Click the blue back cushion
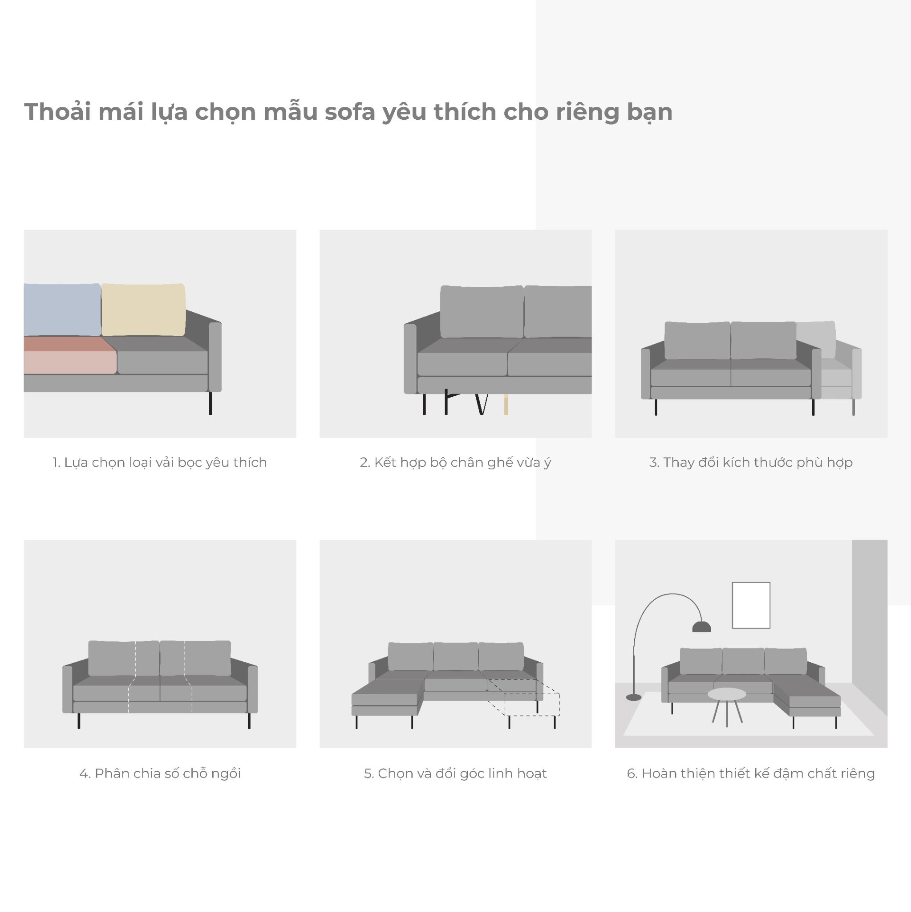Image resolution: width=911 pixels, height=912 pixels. (x=62, y=309)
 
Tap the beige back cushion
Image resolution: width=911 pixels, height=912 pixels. (x=143, y=309)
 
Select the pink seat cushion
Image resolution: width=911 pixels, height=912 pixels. (x=70, y=355)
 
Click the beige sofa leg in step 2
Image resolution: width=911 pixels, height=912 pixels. (x=506, y=404)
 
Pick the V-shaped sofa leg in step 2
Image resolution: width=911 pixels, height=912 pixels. (x=481, y=404)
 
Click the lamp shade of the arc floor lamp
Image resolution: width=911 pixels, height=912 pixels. (x=701, y=627)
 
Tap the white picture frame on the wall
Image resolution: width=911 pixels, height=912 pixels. (x=751, y=605)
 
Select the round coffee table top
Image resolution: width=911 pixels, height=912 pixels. (x=727, y=694)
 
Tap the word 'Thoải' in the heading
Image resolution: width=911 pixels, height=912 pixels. (x=57, y=112)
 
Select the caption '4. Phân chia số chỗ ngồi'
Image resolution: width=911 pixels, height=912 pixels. (x=160, y=774)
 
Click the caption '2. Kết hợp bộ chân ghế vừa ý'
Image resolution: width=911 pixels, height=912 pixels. (x=455, y=462)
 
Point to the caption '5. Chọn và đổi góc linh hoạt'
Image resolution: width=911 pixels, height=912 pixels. (x=455, y=774)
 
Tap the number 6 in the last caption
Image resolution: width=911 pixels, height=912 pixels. (x=631, y=774)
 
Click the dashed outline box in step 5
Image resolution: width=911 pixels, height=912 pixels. (x=524, y=698)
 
